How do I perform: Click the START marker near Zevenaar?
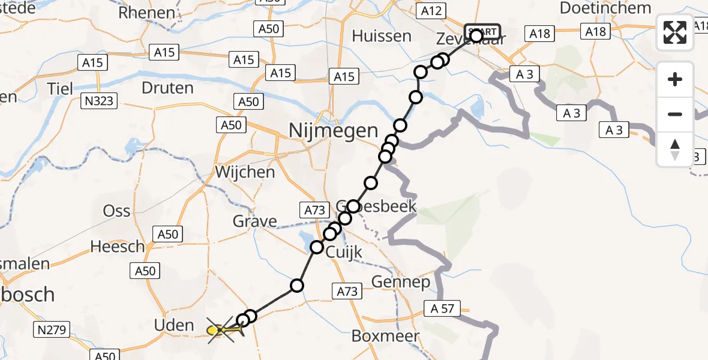coord(482,32)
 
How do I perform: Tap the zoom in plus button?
coord(675,79)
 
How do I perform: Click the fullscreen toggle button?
coord(675,32)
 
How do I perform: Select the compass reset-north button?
coord(675,149)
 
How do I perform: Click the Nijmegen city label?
coord(334,130)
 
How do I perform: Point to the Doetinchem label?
coord(605,8)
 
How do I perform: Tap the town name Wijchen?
coord(245,172)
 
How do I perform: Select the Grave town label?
coord(255,221)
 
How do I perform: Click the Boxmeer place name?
coord(385,336)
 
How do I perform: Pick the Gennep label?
coord(401,281)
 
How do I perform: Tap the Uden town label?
coord(175,326)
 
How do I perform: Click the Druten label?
coord(167,88)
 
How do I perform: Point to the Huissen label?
coord(382,36)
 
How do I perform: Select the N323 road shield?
coord(98,101)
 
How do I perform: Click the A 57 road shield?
coord(442,308)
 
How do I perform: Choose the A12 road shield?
coord(431,10)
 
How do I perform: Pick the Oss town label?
coord(116,211)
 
